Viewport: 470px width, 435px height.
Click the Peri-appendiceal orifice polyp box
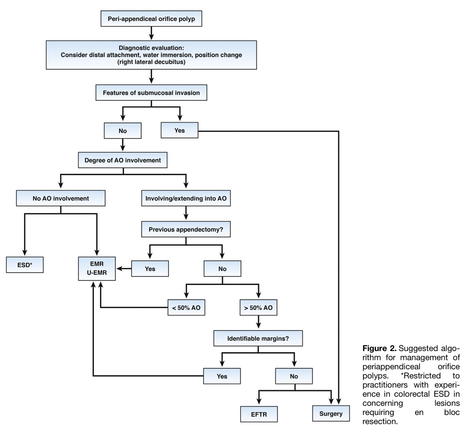point(151,19)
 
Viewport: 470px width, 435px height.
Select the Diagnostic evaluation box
point(151,55)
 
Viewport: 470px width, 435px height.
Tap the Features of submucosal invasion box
point(151,93)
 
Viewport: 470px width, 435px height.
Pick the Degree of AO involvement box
point(123,160)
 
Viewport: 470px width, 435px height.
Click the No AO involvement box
point(61,198)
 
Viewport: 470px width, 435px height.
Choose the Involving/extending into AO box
point(186,198)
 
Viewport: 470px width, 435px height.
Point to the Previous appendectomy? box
point(186,230)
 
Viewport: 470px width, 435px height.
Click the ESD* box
point(25,265)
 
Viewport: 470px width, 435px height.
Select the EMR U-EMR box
point(97,268)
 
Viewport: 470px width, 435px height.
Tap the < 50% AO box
point(186,308)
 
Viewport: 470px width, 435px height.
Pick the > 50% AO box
point(258,308)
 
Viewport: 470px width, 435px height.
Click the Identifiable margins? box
point(258,338)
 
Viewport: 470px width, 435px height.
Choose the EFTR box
point(259,414)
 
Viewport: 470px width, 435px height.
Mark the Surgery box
point(331,414)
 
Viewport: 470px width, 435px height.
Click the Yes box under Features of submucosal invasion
point(180,130)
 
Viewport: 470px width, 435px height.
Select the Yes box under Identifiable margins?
point(222,376)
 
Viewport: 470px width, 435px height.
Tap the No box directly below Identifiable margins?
point(294,376)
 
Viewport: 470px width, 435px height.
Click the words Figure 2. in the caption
point(379,348)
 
